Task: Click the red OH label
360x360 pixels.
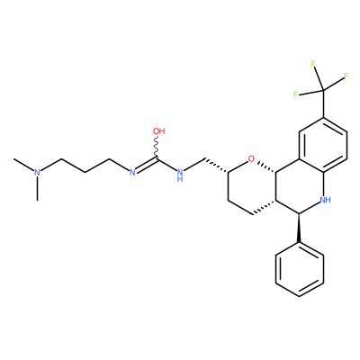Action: (158, 131)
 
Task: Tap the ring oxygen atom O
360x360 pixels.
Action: (251, 158)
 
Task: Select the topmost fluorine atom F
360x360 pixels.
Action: (313, 64)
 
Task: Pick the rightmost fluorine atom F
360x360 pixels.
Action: (346, 76)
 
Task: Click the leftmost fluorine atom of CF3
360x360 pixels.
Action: (295, 94)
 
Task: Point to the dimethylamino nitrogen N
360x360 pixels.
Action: (37, 172)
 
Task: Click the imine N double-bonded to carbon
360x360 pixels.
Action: (131, 172)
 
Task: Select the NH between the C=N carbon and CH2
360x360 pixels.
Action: (180, 175)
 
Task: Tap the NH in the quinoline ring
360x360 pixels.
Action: (326, 200)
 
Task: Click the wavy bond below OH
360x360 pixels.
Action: (157, 146)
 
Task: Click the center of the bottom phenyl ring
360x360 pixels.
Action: (300, 269)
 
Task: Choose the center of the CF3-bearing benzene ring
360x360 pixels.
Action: (323, 145)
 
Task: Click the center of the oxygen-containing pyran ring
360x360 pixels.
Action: (252, 186)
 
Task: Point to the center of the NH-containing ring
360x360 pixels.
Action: (300, 186)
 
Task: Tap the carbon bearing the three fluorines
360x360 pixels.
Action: (323, 90)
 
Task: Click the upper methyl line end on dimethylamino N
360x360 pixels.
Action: (13, 158)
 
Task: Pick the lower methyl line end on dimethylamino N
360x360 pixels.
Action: (37, 200)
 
